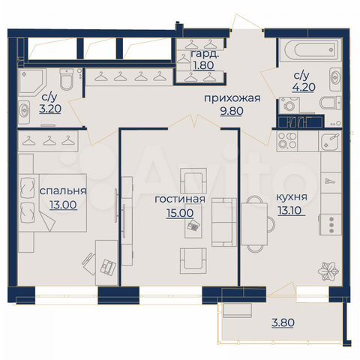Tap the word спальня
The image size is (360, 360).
pyautogui.click(x=62, y=190)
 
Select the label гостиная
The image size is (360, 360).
pyautogui.click(x=176, y=200)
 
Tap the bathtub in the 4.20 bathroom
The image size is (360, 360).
pyautogui.click(x=307, y=54)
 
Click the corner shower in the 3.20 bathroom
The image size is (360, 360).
pyautogui.click(x=28, y=82)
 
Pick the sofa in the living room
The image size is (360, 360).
pyautogui.click(x=223, y=222)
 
